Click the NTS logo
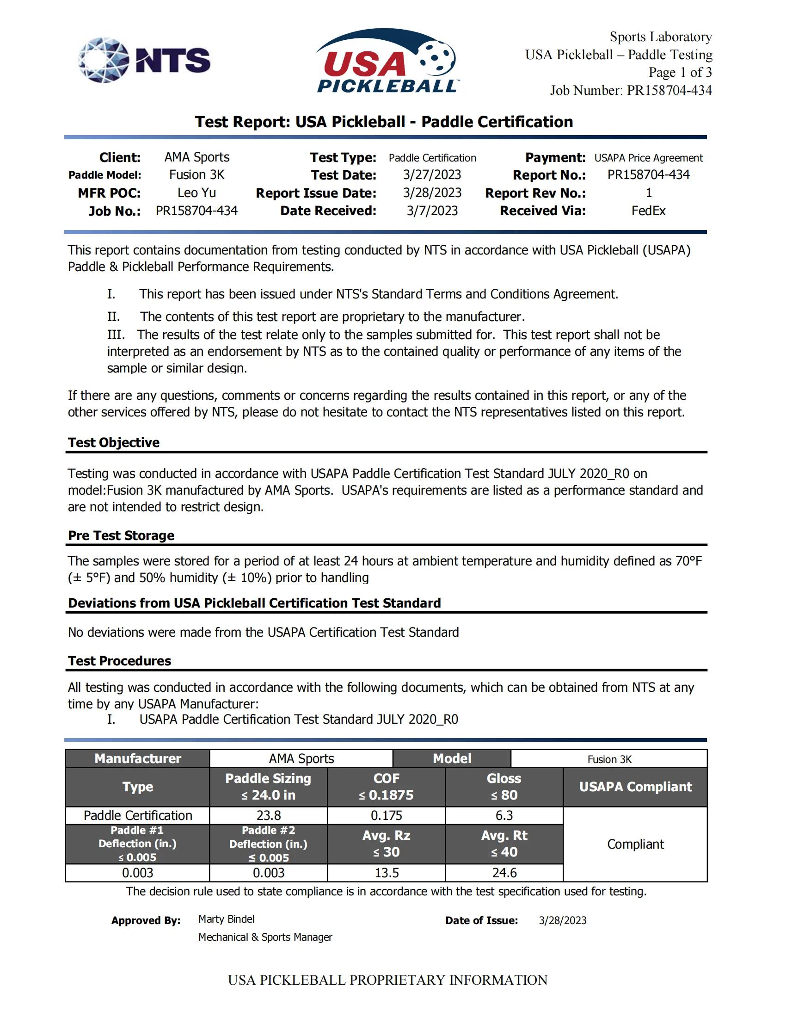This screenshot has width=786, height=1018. point(144,60)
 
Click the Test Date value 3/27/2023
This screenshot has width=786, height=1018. point(432,175)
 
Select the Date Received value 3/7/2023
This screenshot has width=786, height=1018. point(432,211)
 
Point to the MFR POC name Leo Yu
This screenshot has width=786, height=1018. point(196,192)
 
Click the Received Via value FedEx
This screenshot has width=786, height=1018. point(648,211)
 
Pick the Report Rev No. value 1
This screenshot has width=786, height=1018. point(648,192)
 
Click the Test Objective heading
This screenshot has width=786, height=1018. point(114,442)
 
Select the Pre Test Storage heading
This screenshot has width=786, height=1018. point(121,535)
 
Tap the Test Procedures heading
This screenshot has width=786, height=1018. point(119,660)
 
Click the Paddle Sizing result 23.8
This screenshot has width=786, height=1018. point(269,815)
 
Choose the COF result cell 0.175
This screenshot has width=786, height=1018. point(386,815)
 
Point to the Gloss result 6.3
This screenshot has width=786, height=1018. point(504,815)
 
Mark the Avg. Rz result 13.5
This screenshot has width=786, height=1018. point(386,873)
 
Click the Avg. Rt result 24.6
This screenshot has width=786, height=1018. point(504,873)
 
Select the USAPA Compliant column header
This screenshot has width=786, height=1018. point(635,787)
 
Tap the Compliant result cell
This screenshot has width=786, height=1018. point(635,844)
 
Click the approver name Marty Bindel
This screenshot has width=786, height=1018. point(226,919)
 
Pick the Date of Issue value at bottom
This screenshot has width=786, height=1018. point(563,920)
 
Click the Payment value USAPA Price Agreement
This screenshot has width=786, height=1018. point(648,157)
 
